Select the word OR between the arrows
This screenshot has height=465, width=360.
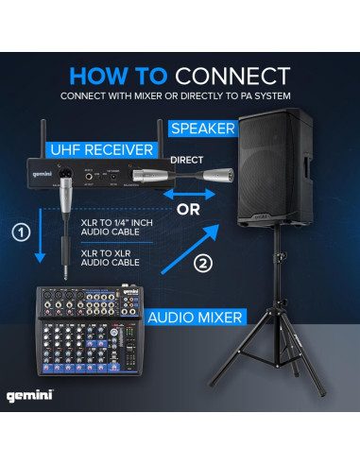[x=189, y=209]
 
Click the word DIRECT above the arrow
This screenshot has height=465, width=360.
[x=187, y=162]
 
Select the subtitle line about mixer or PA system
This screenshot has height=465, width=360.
[x=180, y=95]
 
